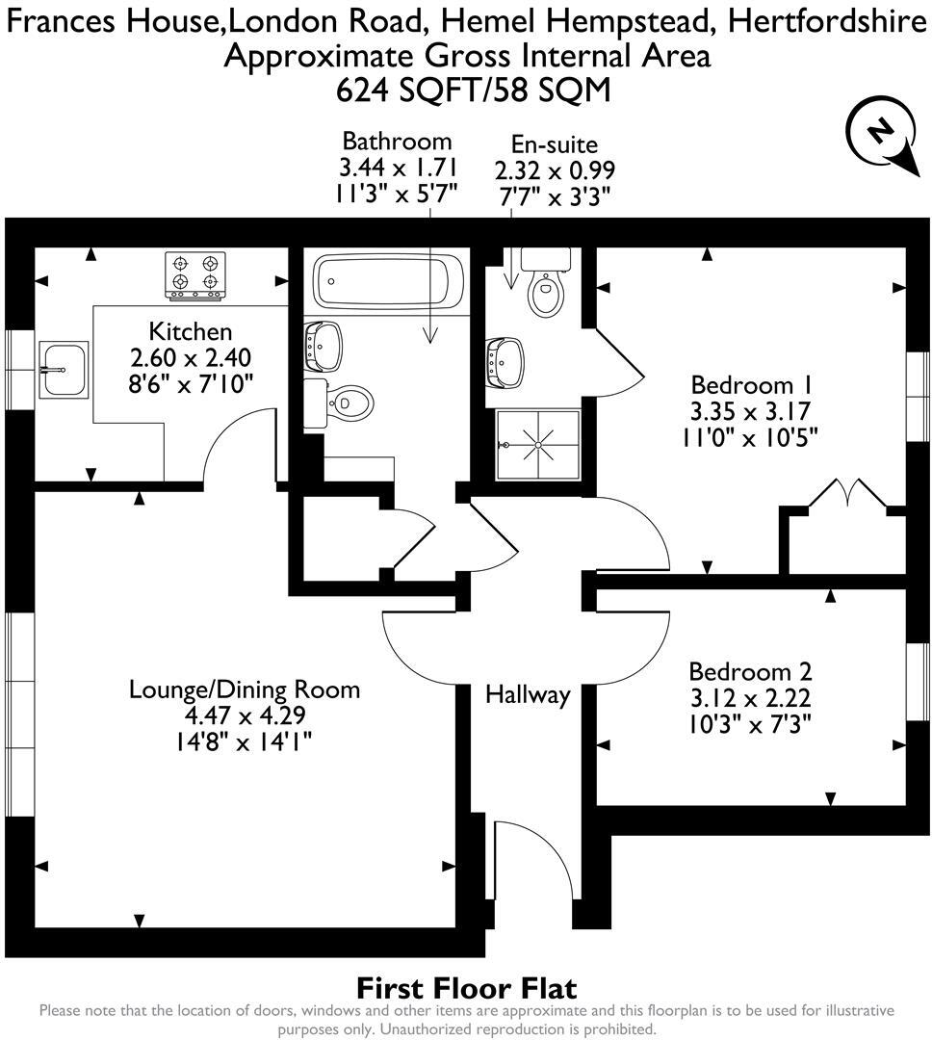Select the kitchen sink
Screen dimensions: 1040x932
tap(64, 368)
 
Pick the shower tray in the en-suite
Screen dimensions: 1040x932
tap(532, 443)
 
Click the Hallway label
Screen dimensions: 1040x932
tap(528, 693)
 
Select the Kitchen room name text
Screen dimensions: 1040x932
tap(191, 332)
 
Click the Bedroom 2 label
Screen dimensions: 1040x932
tap(751, 671)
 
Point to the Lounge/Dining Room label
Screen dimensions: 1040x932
tap(245, 689)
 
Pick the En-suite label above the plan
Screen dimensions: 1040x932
tap(554, 144)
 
